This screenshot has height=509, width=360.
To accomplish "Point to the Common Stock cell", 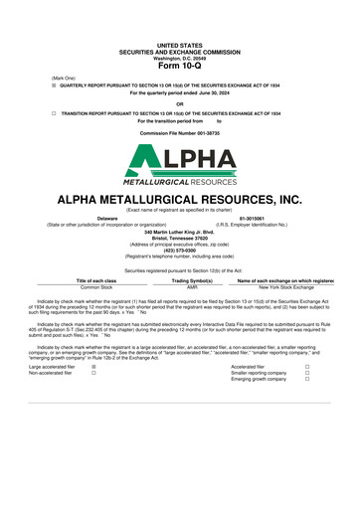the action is point(96,287).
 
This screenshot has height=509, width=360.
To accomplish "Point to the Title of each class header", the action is point(96,281).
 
